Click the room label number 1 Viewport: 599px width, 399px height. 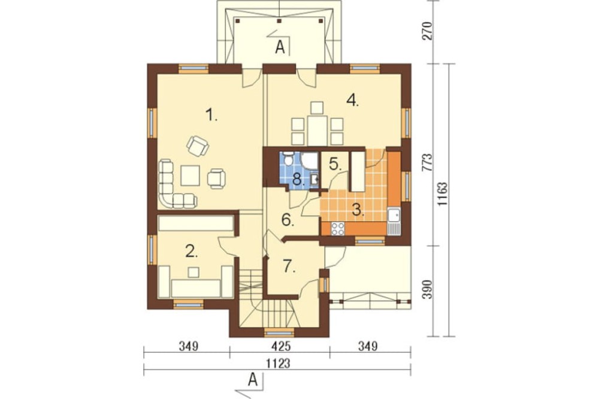point(211,114)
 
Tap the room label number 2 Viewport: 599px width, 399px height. point(192,251)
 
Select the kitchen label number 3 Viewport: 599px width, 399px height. point(358,210)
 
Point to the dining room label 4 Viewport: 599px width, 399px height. point(352,100)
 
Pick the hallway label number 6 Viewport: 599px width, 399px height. point(288,220)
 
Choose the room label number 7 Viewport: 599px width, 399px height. point(289,266)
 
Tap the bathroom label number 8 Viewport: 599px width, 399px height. point(298,179)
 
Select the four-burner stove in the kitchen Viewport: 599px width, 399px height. point(338,228)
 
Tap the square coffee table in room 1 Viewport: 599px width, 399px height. point(190,175)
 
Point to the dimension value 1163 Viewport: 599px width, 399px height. point(443,195)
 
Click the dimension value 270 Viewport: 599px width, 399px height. point(428,31)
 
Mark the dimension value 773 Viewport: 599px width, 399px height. point(428,162)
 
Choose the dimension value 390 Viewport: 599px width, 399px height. point(428,290)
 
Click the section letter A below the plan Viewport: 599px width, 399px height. point(252,380)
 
